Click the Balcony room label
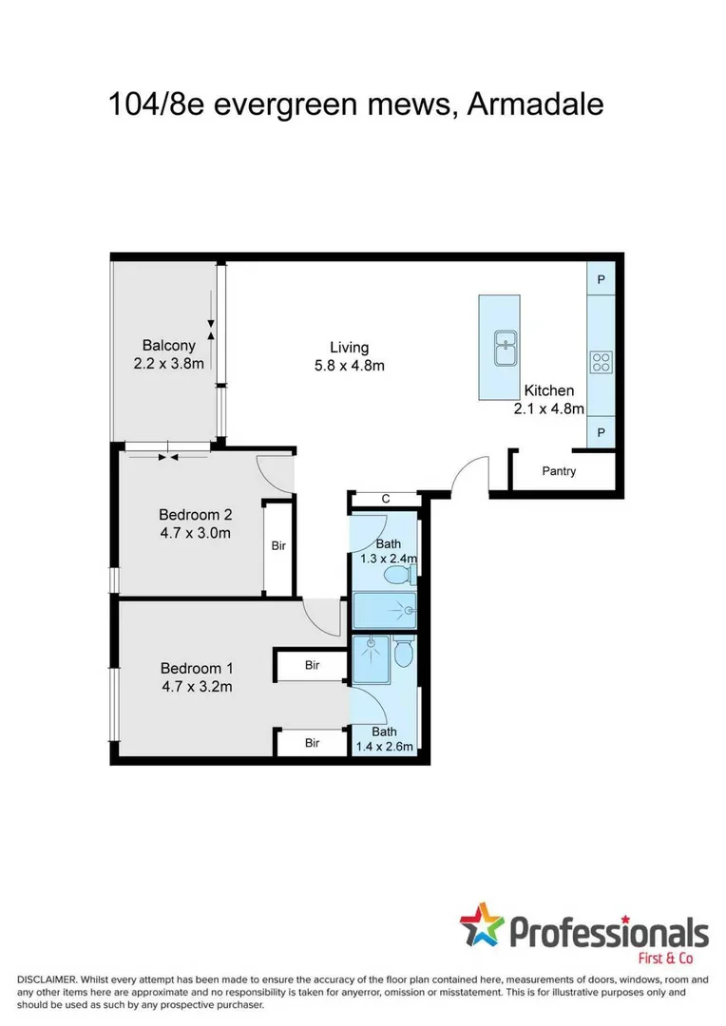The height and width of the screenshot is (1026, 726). click(x=168, y=346)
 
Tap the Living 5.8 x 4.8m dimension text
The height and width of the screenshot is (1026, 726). click(x=350, y=366)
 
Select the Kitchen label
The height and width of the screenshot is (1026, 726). click(x=549, y=390)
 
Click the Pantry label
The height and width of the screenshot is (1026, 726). click(x=559, y=471)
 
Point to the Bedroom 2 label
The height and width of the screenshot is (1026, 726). click(x=195, y=515)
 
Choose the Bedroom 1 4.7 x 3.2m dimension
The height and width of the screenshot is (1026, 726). click(x=196, y=685)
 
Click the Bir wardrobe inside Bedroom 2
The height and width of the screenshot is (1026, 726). click(x=278, y=547)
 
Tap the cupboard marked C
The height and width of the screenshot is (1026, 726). click(x=385, y=499)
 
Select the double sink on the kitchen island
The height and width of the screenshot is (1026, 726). click(x=504, y=348)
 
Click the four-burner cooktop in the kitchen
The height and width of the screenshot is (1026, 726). click(x=602, y=361)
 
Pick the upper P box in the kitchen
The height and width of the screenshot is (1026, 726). click(x=602, y=280)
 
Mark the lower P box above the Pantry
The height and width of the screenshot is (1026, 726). click(x=602, y=433)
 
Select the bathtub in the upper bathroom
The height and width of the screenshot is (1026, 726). click(x=384, y=610)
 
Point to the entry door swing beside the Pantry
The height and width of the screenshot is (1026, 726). click(x=469, y=474)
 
